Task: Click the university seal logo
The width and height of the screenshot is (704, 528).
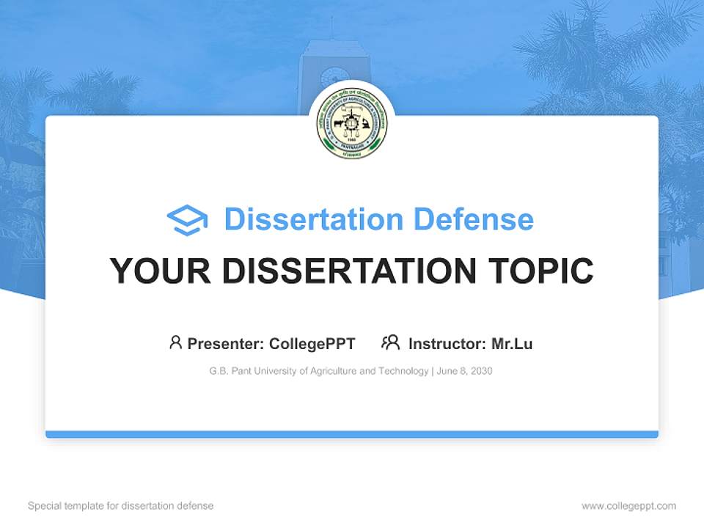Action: point(352,125)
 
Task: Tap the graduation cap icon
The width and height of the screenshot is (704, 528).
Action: point(187,219)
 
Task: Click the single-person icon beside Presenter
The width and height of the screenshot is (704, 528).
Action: point(175,342)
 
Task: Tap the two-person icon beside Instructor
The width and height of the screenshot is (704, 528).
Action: point(390,342)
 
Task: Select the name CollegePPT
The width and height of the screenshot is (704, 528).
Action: point(312,344)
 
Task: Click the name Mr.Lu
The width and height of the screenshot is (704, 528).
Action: point(512,344)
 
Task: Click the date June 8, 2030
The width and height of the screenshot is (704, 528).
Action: point(464,371)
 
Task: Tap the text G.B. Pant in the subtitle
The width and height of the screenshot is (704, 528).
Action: point(230,371)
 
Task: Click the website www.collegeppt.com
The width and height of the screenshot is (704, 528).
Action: point(628,506)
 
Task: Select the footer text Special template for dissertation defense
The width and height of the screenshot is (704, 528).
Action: point(121,506)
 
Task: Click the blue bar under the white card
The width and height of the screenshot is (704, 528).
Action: point(352,434)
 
